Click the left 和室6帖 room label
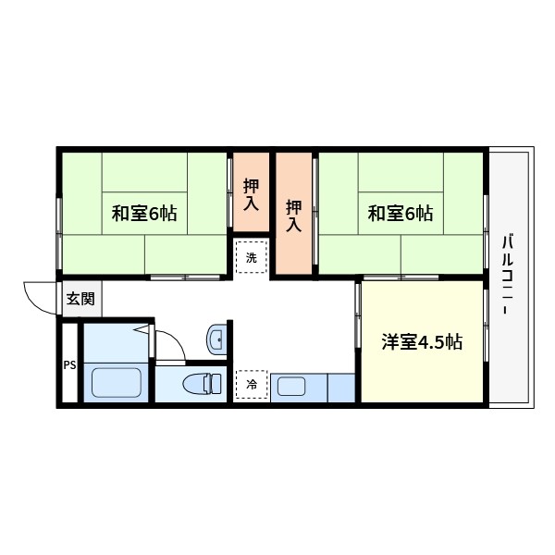click(144, 214)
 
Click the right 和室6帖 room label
click(400, 214)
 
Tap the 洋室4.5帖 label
click(423, 342)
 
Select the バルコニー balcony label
click(507, 277)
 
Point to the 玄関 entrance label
click(80, 299)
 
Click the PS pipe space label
click(69, 364)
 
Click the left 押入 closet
click(251, 193)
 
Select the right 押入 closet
click(294, 216)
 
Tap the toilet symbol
click(200, 382)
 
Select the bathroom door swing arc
click(168, 344)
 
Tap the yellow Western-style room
click(423, 370)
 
